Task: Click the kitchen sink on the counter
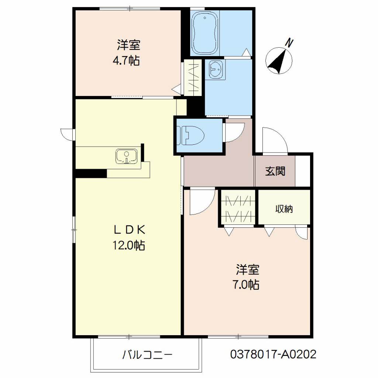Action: pyautogui.click(x=127, y=157)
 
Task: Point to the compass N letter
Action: pyautogui.click(x=289, y=43)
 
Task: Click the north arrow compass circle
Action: pyautogui.click(x=279, y=61)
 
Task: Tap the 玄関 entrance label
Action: pyautogui.click(x=275, y=171)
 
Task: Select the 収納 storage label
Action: pyautogui.click(x=284, y=209)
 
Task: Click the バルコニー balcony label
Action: pyautogui.click(x=147, y=355)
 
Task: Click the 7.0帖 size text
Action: pyautogui.click(x=245, y=285)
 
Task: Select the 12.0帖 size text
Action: pyautogui.click(x=129, y=245)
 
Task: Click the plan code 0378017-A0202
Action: pyautogui.click(x=273, y=354)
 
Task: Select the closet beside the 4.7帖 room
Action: pyautogui.click(x=193, y=78)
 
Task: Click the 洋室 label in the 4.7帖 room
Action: pyautogui.click(x=129, y=45)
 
